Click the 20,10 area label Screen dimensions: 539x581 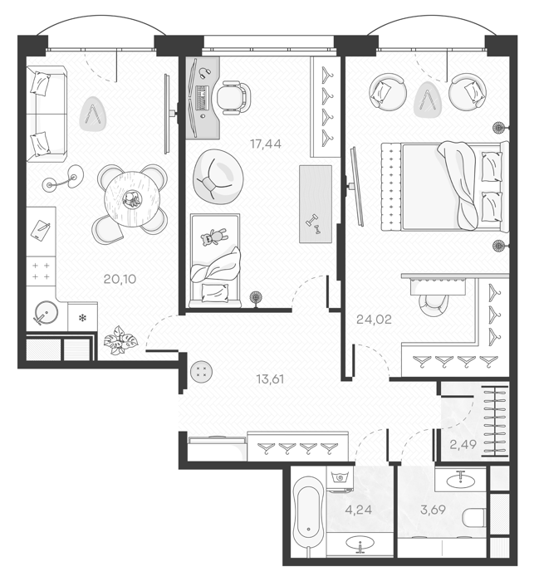click(120, 279)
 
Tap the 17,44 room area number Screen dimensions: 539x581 click(266, 144)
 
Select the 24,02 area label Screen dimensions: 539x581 click(374, 319)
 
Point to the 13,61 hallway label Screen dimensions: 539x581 click(270, 379)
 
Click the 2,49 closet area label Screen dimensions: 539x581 click(463, 444)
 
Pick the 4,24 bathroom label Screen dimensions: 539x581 click(358, 510)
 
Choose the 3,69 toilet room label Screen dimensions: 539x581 click(433, 510)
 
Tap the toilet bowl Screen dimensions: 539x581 click(474, 517)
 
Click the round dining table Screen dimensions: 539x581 click(132, 199)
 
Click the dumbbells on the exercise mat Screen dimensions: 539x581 click(312, 225)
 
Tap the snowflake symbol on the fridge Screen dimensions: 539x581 click(82, 318)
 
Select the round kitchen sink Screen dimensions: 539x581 click(46, 314)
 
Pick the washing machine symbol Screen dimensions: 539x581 click(339, 477)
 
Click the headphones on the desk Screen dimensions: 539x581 click(204, 72)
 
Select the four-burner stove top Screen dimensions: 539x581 click(41, 271)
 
